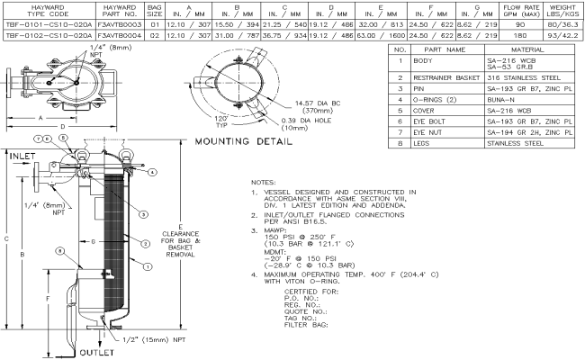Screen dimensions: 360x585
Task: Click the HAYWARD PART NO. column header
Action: (120, 13)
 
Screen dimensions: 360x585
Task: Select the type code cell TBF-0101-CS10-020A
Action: (45, 29)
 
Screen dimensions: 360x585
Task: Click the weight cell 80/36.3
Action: (560, 29)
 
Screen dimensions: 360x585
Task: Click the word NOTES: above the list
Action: (267, 182)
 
